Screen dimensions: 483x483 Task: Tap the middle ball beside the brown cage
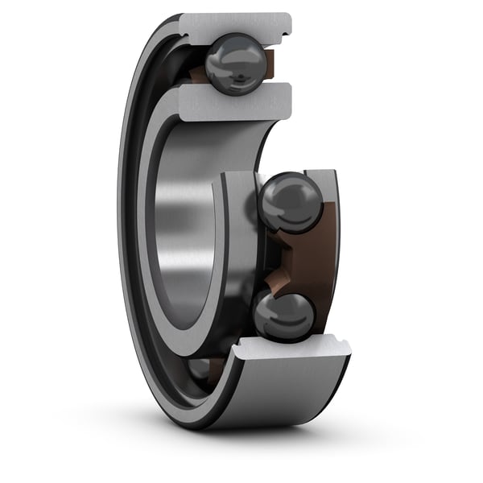pos(291,202)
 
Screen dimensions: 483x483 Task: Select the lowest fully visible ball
pos(284,315)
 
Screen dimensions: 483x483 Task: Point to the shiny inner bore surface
pos(181,233)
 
